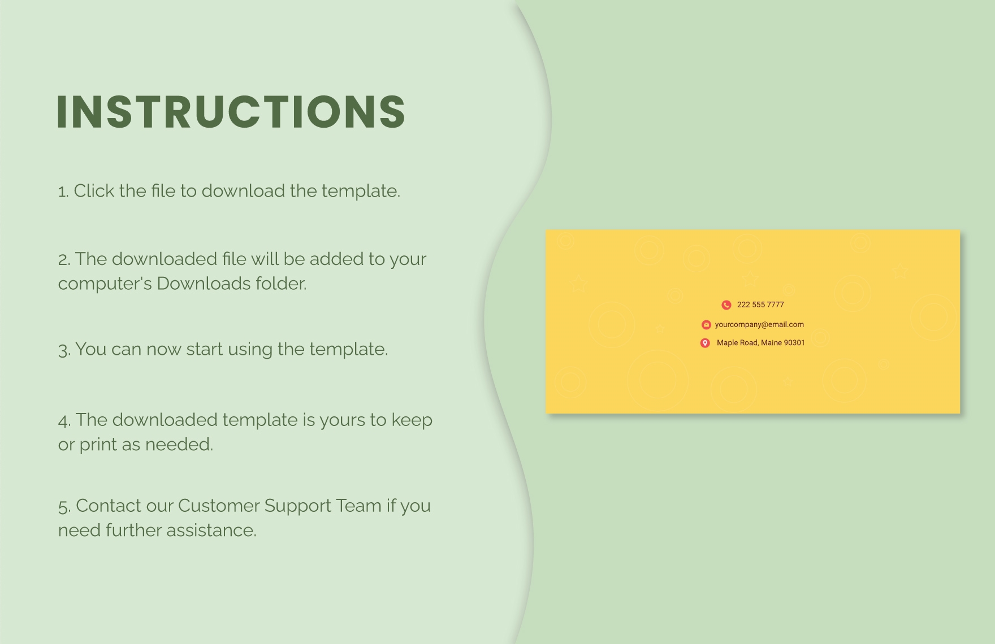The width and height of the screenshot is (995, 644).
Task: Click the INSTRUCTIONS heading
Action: [x=231, y=111]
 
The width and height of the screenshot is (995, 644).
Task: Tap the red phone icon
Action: [x=726, y=305]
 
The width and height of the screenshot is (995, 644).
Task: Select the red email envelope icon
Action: [x=706, y=325]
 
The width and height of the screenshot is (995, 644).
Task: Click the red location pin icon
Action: [x=705, y=343]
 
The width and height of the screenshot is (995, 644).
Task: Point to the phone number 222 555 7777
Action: [x=760, y=305]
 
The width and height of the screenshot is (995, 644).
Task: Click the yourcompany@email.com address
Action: [x=759, y=325]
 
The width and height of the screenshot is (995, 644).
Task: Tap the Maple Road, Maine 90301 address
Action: [x=760, y=343]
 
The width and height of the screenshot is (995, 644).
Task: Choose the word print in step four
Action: [x=98, y=445]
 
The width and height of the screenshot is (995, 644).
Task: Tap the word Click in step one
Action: [x=94, y=191]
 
